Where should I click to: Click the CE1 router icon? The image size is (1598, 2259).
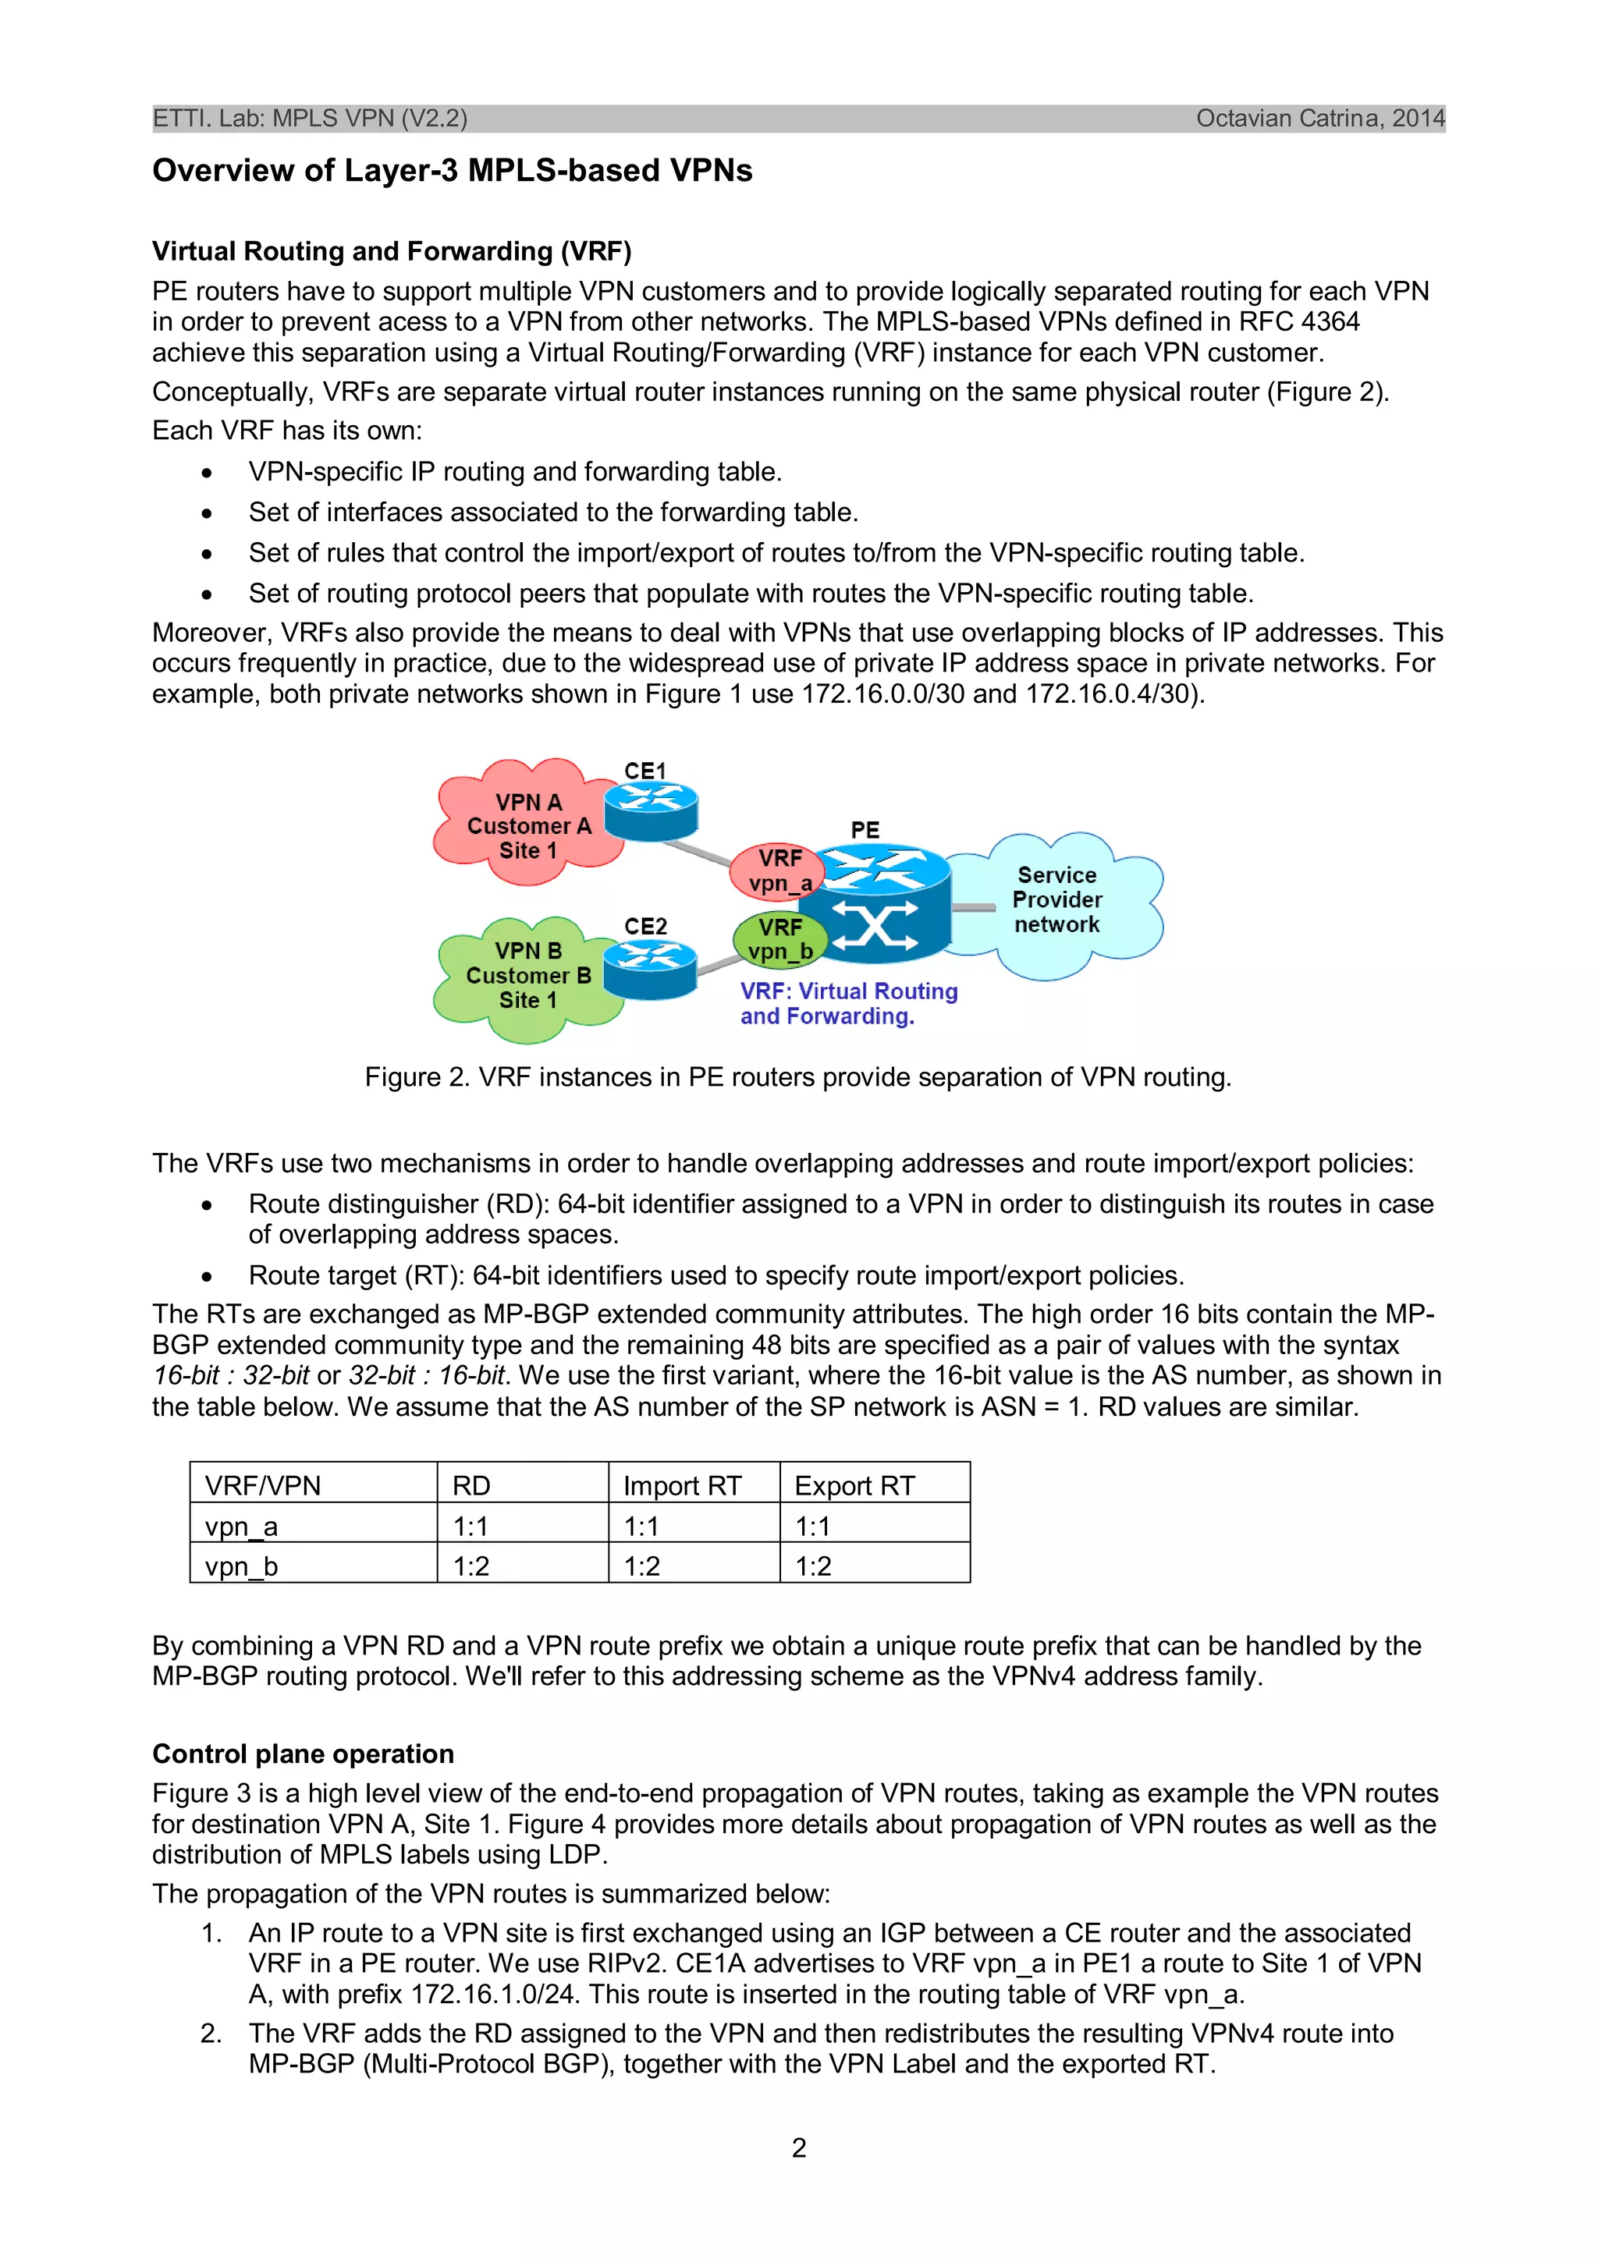coord(651,812)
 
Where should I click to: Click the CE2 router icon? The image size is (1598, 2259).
coord(649,968)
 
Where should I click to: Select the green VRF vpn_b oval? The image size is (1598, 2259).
coord(779,938)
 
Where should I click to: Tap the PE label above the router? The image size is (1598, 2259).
coord(865,829)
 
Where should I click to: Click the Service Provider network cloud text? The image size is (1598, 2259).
coord(1056,899)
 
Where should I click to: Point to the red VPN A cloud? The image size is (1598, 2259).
coord(527,825)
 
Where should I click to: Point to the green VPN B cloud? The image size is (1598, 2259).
coord(527,975)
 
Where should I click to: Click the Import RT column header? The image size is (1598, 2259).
coord(682,1486)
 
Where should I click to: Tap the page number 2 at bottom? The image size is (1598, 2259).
coord(799,2147)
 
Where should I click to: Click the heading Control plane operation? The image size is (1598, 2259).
coord(303,1754)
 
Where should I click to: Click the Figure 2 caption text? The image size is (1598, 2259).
coord(798,1077)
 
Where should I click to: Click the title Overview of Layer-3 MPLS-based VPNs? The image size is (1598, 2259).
coord(452,170)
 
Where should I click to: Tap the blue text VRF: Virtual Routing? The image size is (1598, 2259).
coord(848,991)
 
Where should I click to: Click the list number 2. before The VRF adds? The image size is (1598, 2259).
coord(211,2033)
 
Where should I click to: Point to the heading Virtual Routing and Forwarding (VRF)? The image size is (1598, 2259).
coord(392,251)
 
